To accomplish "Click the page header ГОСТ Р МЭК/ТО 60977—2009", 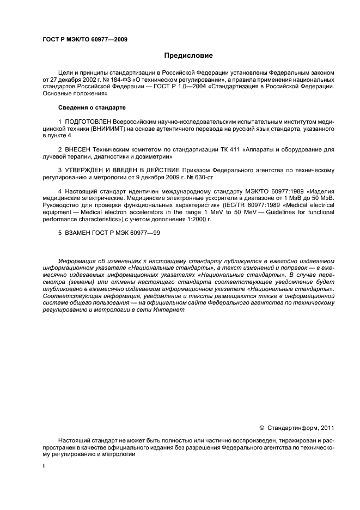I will [85, 40].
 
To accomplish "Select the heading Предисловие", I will [188, 56].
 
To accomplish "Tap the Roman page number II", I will [44, 466].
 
